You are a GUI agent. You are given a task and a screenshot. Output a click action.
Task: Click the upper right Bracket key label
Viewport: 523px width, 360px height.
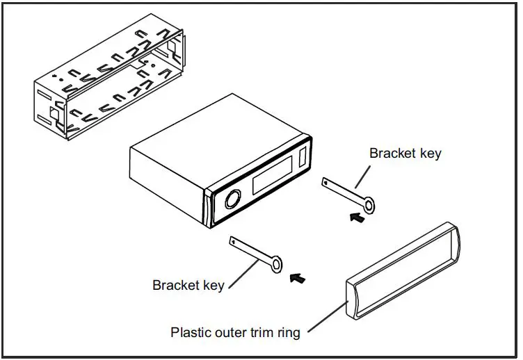pyautogui.click(x=405, y=154)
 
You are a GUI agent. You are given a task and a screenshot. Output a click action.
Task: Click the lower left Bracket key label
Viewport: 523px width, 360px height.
pyautogui.click(x=188, y=285)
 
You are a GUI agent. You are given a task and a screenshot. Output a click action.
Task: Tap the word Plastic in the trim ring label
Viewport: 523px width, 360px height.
pyautogui.click(x=189, y=332)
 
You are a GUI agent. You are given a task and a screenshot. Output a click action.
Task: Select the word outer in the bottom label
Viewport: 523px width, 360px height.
pyautogui.click(x=227, y=332)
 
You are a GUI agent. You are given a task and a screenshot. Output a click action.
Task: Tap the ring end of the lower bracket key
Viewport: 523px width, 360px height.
pyautogui.click(x=277, y=264)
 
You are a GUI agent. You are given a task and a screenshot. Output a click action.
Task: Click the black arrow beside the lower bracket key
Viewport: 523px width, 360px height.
pyautogui.click(x=297, y=279)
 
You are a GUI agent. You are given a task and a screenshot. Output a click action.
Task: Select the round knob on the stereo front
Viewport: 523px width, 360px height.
pyautogui.click(x=232, y=201)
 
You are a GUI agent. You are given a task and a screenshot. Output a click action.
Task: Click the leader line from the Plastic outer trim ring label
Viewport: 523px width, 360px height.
pyautogui.click(x=326, y=316)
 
